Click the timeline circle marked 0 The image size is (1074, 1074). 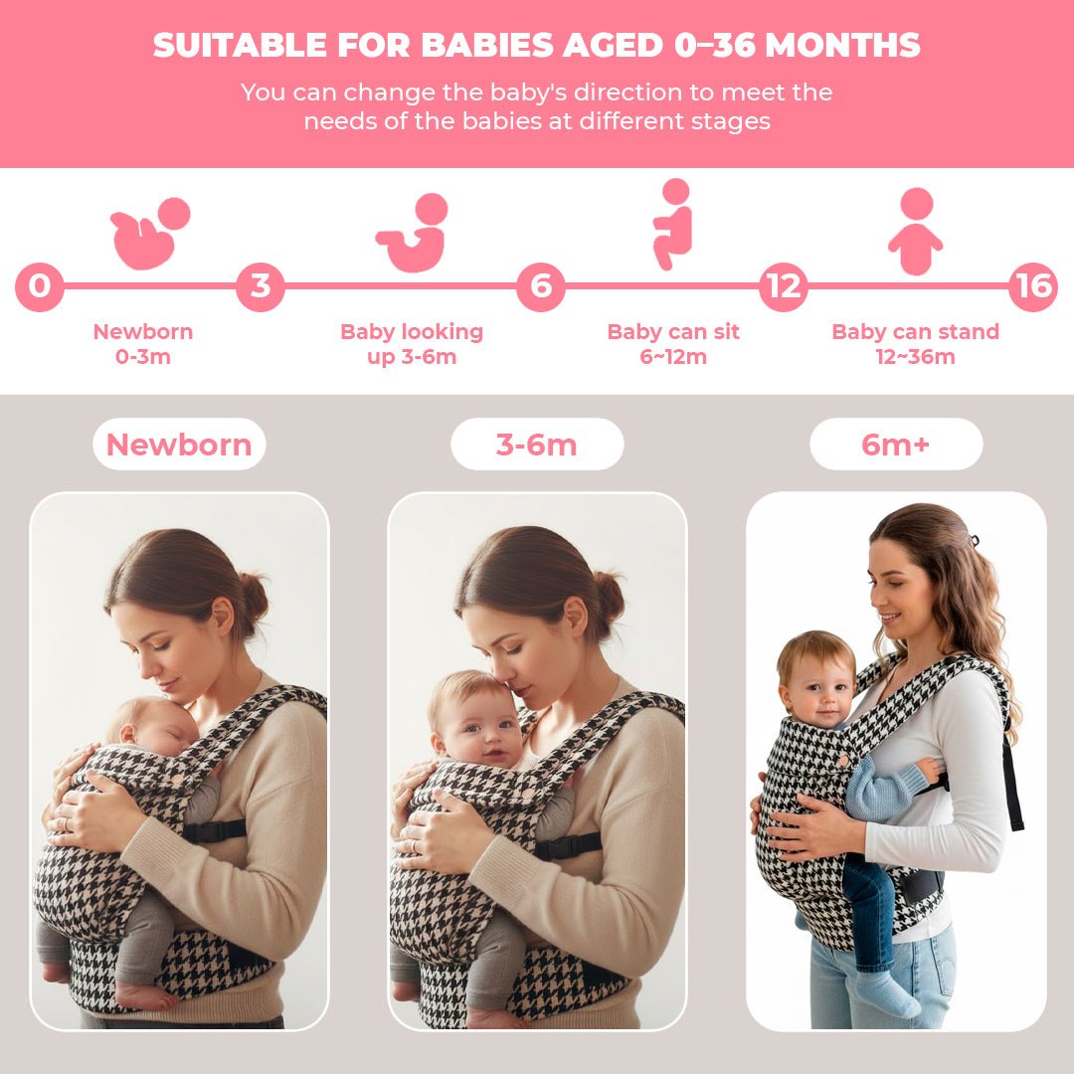39,286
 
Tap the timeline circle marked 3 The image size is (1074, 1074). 261,286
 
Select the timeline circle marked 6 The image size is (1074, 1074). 540,286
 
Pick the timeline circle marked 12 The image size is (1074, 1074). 784,286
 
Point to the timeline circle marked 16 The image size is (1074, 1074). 1033,286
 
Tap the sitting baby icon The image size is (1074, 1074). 673,224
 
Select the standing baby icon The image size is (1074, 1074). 915,232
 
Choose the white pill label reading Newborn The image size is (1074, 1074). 179,445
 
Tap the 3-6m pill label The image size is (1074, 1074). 537,445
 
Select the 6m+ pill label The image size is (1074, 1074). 896,445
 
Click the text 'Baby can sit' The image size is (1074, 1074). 673,332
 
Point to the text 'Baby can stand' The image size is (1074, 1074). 915,332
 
